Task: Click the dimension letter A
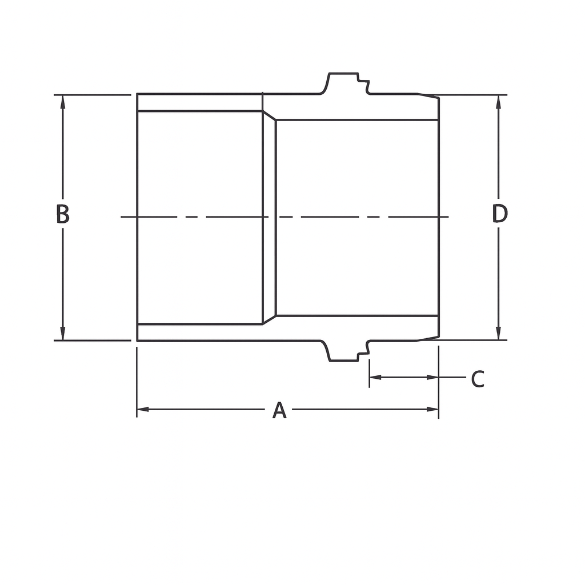tap(279, 410)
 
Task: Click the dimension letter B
tap(62, 214)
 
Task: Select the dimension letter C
tap(478, 379)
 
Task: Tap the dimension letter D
tap(499, 214)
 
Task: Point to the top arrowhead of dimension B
tap(62, 101)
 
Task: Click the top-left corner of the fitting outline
tap(138, 94)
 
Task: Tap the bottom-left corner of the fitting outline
tap(138, 340)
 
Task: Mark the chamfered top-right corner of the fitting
tap(430, 95)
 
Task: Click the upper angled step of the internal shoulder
tap(269, 115)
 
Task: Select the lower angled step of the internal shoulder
tap(269, 319)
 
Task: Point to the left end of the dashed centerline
tap(122, 217)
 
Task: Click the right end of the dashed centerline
tap(448, 217)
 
